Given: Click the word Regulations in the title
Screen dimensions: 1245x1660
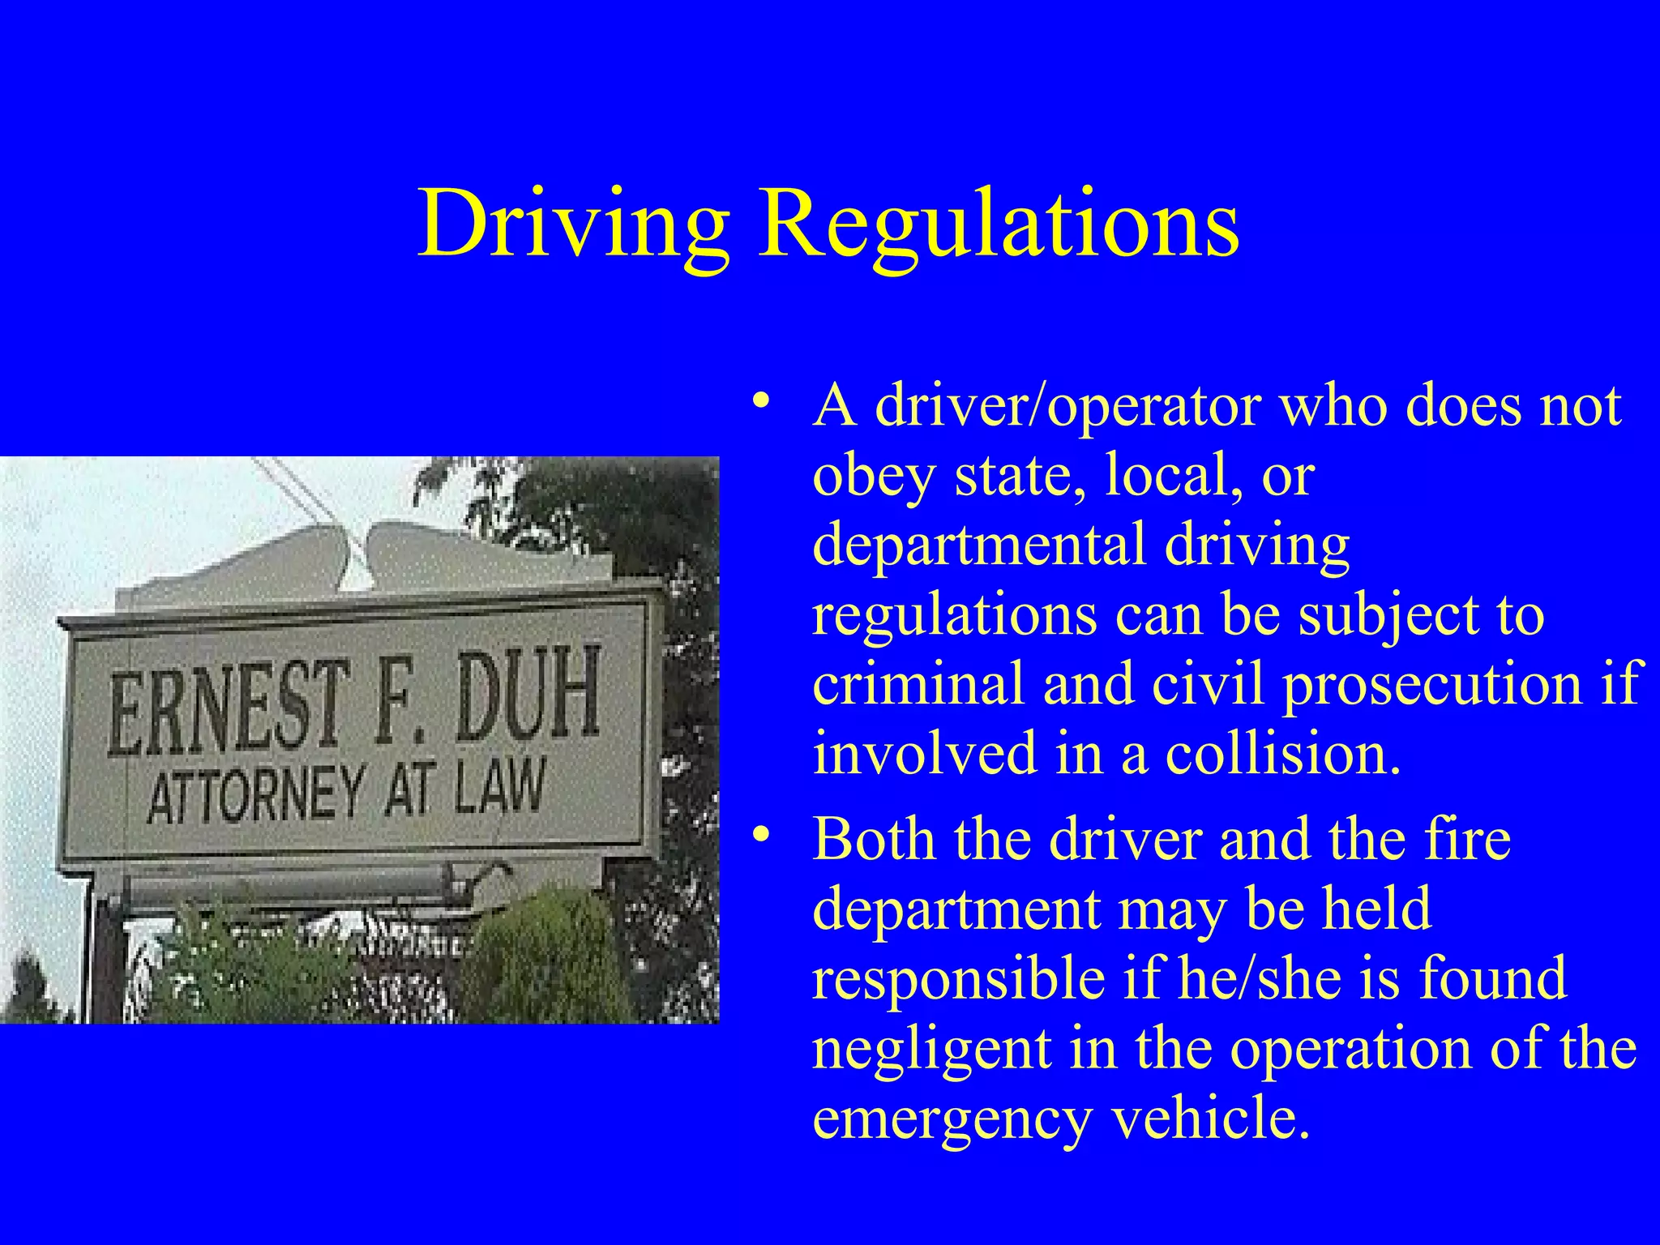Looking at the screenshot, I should (998, 223).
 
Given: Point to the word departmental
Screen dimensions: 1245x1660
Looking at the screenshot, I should (979, 545).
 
